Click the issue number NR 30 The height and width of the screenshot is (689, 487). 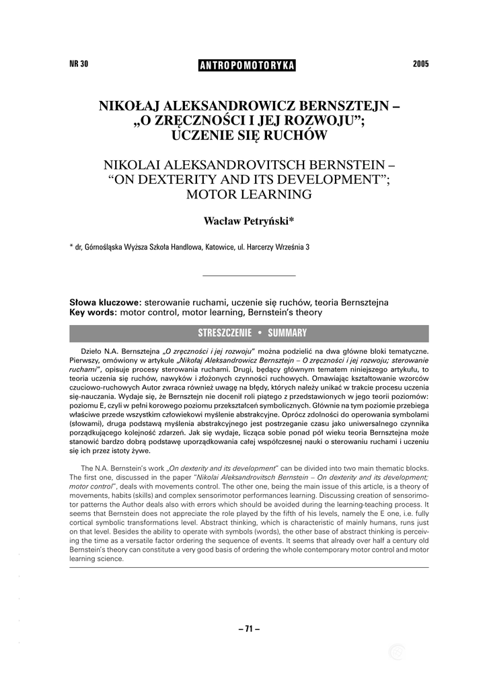[79, 65]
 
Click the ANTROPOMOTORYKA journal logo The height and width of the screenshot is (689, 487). [248, 65]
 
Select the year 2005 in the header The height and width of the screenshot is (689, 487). [420, 65]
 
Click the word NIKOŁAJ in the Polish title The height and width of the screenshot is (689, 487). [131, 107]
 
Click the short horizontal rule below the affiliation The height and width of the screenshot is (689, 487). [248, 276]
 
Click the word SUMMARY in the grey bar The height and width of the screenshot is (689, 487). [287, 333]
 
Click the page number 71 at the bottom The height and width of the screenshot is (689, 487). [248, 628]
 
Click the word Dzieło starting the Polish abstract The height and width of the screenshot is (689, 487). [90, 351]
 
